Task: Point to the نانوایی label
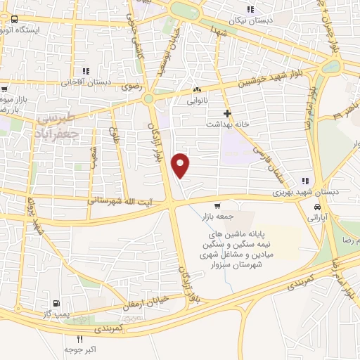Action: [x=198, y=101]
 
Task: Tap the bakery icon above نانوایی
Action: [x=198, y=90]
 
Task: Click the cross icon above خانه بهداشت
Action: [x=226, y=113]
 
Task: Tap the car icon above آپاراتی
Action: [x=319, y=208]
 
